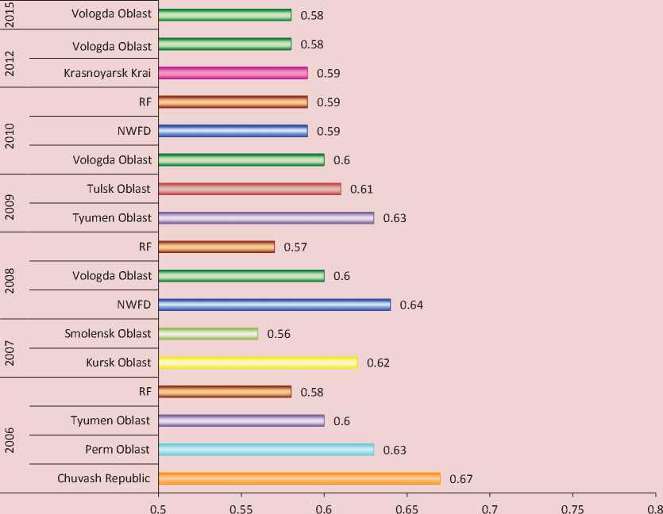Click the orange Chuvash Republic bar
pyautogui.click(x=299, y=478)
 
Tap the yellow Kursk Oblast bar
pyautogui.click(x=258, y=362)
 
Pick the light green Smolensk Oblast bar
pyautogui.click(x=208, y=334)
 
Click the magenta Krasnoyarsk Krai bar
pyautogui.click(x=233, y=73)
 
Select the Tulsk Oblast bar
pyautogui.click(x=250, y=189)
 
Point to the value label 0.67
pyautogui.click(x=461, y=479)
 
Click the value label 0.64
pyautogui.click(x=411, y=305)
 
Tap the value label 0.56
pyautogui.click(x=279, y=334)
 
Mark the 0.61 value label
pyautogui.click(x=361, y=189)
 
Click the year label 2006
pyautogui.click(x=10, y=440)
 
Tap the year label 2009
pyautogui.click(x=10, y=203)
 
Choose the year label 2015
pyautogui.click(x=10, y=15)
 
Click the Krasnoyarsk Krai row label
pyautogui.click(x=107, y=73)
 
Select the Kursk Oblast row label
pyautogui.click(x=118, y=362)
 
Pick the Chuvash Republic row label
pyautogui.click(x=104, y=478)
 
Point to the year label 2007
pyautogui.click(x=10, y=347)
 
